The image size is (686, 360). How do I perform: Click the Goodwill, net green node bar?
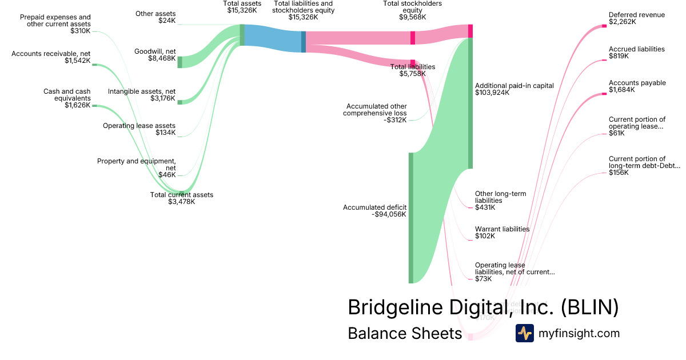(180, 62)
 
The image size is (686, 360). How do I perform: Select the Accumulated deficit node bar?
(410, 218)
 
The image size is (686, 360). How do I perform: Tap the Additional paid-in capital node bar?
(470, 103)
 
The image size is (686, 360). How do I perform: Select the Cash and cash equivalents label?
(67, 95)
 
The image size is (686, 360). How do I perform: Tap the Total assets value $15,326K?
(242, 10)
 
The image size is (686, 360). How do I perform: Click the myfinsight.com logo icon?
(524, 333)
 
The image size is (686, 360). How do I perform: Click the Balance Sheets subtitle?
(404, 333)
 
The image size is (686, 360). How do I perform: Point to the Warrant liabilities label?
(502, 229)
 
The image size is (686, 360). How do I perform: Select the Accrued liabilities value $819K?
(619, 56)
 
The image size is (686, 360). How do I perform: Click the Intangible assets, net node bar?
(180, 102)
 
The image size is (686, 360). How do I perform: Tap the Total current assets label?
(182, 195)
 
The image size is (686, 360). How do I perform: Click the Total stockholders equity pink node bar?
(413, 38)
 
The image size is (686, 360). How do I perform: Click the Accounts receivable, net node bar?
(94, 65)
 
